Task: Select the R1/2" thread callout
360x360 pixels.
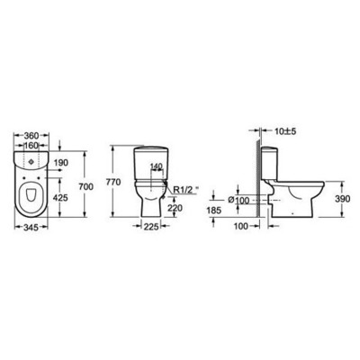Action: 186,192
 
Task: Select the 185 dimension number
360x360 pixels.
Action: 214,210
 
